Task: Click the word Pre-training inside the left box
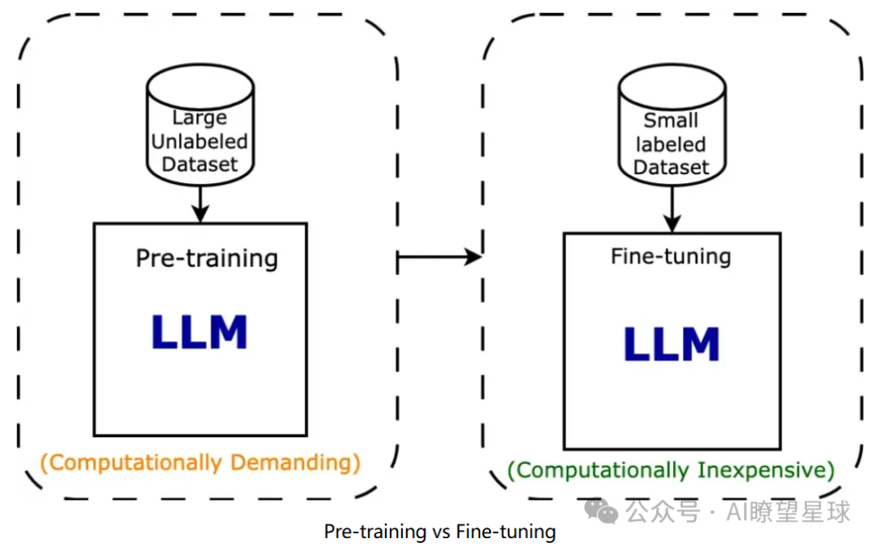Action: pos(207,259)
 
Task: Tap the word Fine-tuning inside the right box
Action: pos(671,256)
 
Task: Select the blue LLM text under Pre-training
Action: pos(199,332)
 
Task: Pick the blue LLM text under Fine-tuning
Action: pos(671,344)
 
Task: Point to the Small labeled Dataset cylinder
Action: pos(671,126)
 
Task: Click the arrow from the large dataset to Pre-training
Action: pos(199,203)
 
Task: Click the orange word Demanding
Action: pos(295,462)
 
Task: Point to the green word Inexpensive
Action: pos(765,470)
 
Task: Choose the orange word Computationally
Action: pos(134,462)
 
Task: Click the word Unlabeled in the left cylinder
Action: pos(199,141)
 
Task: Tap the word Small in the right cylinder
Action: pos(671,120)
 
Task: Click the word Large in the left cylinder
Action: pos(199,119)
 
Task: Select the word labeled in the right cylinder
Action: pos(671,144)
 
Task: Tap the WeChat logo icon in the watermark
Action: pos(603,511)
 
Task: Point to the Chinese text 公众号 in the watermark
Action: pos(663,511)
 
